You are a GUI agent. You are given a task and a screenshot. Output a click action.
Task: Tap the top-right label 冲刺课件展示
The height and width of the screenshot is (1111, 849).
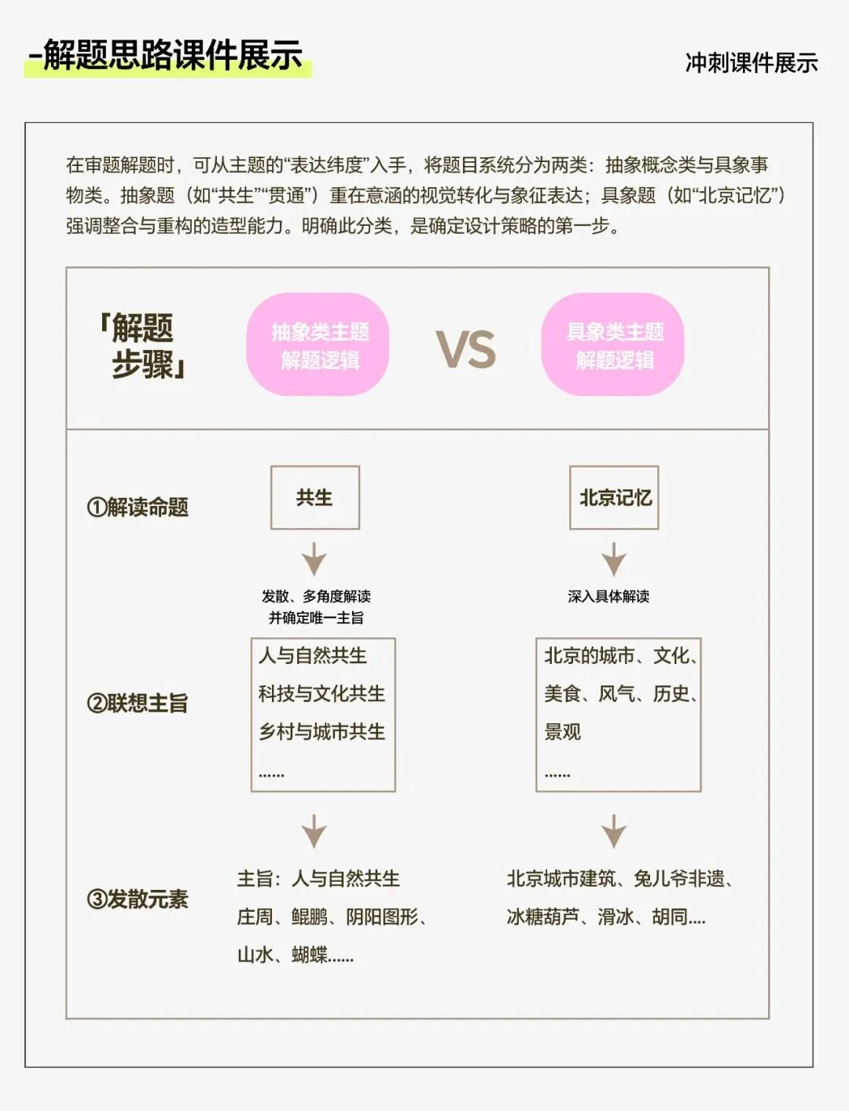pyautogui.click(x=751, y=63)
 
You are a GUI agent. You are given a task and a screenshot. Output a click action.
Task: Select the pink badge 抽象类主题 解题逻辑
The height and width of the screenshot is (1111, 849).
pyautogui.click(x=318, y=345)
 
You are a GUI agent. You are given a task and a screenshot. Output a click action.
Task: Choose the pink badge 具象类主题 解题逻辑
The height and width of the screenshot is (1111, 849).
pyautogui.click(x=613, y=345)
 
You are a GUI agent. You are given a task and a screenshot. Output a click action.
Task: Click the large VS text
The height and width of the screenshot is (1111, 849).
pyautogui.click(x=466, y=350)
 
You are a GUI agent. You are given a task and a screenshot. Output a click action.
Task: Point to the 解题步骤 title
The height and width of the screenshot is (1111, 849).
pyautogui.click(x=141, y=346)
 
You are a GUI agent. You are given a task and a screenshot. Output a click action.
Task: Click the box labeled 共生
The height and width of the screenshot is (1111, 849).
pyautogui.click(x=314, y=497)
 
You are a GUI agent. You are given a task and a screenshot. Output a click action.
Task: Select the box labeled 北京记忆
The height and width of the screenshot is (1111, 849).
pyautogui.click(x=614, y=497)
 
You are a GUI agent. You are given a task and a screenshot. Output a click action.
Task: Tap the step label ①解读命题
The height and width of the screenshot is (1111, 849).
pyautogui.click(x=138, y=508)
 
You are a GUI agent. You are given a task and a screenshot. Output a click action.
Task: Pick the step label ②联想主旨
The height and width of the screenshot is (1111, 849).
pyautogui.click(x=138, y=703)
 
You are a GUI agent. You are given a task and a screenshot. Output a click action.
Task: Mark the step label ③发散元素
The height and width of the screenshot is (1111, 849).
pyautogui.click(x=138, y=899)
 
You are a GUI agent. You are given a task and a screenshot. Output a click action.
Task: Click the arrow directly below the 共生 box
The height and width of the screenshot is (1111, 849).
pyautogui.click(x=314, y=559)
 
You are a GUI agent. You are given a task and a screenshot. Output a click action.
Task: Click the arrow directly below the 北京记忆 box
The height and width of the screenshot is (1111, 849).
pyautogui.click(x=614, y=559)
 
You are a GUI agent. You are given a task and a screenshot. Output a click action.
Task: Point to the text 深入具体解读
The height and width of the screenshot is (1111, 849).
pyautogui.click(x=608, y=596)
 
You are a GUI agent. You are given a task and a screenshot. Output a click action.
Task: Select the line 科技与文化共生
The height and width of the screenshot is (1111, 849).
pyautogui.click(x=322, y=693)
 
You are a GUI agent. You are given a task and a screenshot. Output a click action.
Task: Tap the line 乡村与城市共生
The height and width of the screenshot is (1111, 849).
pyautogui.click(x=322, y=732)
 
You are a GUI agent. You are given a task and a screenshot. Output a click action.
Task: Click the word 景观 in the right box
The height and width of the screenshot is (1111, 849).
pyautogui.click(x=563, y=732)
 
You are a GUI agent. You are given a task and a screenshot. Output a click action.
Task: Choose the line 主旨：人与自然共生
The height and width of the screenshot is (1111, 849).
pyautogui.click(x=318, y=878)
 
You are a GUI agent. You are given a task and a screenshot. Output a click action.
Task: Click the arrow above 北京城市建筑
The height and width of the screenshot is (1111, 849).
pyautogui.click(x=614, y=832)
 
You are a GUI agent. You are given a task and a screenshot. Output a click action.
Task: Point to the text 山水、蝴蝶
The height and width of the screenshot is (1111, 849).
pyautogui.click(x=295, y=955)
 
